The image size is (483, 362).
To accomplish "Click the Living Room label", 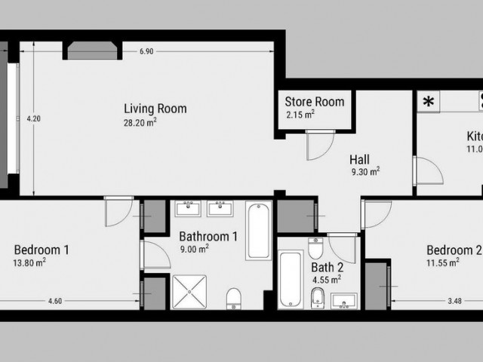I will tap(155, 109).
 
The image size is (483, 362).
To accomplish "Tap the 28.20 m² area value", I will tap(140, 122).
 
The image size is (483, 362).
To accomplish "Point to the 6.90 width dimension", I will tap(146, 51).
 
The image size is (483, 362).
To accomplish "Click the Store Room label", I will tap(314, 102).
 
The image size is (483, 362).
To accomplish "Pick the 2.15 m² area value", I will tap(300, 115).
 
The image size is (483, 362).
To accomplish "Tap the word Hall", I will tap(359, 159).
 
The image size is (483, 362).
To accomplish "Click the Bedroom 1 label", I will tap(42, 249).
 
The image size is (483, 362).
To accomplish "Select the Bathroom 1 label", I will tap(208, 235).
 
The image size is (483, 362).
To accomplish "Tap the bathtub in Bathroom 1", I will tap(257, 230).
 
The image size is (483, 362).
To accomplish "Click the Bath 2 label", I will tap(328, 266).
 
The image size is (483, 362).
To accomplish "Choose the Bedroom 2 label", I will tap(453, 250).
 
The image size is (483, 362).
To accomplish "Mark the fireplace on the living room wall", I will tap(91, 50).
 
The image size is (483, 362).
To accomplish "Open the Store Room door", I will tap(321, 144).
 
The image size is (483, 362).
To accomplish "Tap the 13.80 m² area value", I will tap(31, 262).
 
